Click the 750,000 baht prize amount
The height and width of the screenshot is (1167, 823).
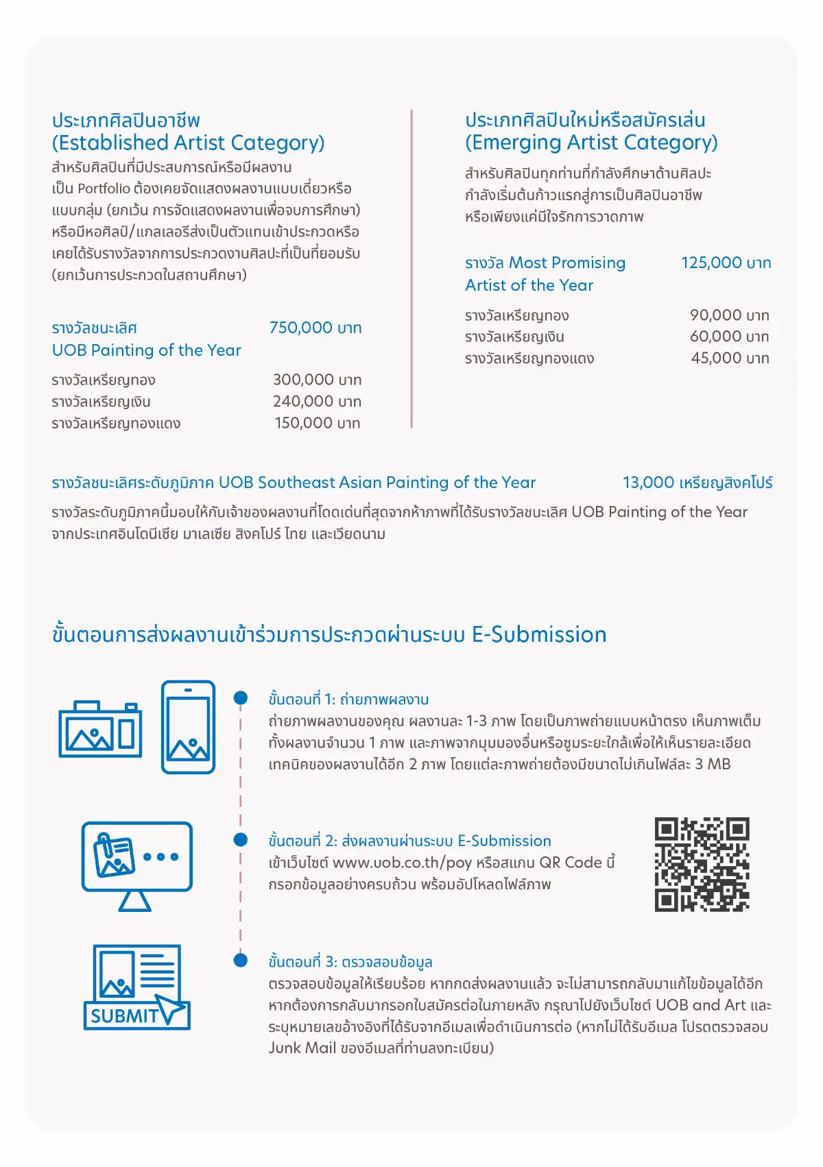[x=315, y=328]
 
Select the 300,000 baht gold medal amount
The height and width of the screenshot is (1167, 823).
[x=317, y=380]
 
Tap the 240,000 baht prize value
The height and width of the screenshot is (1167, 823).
[x=317, y=402]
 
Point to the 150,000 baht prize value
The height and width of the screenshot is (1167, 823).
[x=318, y=423]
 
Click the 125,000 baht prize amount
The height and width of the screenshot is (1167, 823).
[x=726, y=263]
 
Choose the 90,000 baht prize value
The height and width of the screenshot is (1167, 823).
[x=729, y=315]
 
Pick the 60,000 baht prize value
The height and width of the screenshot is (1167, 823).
[x=729, y=337]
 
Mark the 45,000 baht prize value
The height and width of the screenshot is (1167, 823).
[x=730, y=358]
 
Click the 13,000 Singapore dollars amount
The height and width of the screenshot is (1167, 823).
[x=697, y=483]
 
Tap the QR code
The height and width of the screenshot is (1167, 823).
[x=702, y=864]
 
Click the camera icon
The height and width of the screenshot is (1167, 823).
[x=100, y=730]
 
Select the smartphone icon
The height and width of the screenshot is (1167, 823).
[x=188, y=727]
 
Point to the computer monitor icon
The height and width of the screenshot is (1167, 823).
[x=136, y=865]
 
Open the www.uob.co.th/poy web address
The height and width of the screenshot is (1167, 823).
[x=402, y=863]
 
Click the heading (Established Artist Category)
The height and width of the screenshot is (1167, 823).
[x=188, y=143]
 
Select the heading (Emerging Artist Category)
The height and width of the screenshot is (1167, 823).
[x=591, y=143]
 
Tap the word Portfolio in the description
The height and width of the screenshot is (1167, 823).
[x=104, y=189]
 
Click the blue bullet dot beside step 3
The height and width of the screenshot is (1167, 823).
[x=241, y=960]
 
